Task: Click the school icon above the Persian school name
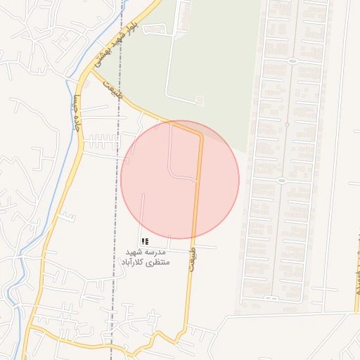tap(145, 240)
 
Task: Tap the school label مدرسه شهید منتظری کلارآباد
tap(144, 257)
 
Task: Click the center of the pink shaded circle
tap(180, 179)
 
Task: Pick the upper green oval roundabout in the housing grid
tap(291, 61)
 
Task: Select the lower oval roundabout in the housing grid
tap(281, 181)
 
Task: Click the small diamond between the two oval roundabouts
tap(286, 125)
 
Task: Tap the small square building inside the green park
tap(199, 101)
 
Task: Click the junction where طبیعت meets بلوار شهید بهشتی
tap(94, 70)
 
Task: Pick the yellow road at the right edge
tap(356, 302)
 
